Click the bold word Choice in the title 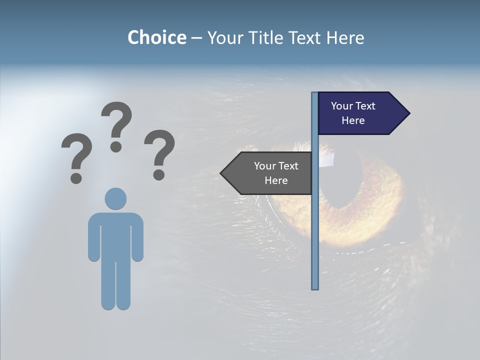[156, 37]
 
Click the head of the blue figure [115, 198]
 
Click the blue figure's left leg [108, 285]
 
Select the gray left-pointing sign [270, 173]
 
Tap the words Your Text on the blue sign [353, 106]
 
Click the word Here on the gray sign [276, 180]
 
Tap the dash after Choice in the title [196, 37]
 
